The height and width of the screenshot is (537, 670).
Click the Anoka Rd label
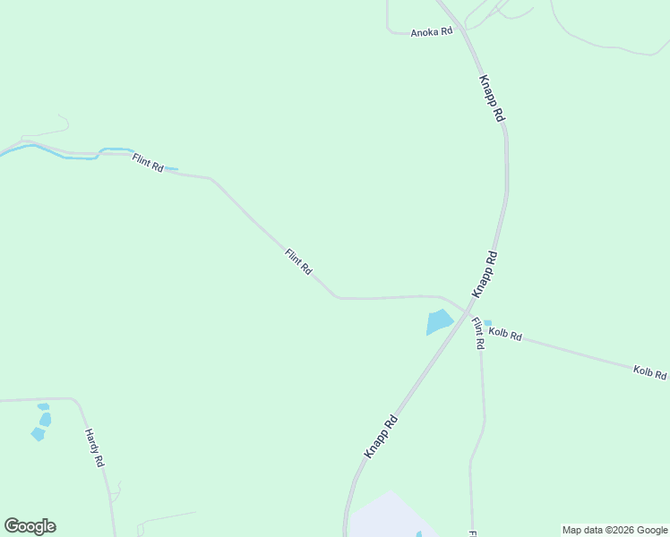coord(432,32)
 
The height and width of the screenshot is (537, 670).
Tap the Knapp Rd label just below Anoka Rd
coord(493,98)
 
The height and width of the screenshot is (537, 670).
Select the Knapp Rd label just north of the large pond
coord(485,275)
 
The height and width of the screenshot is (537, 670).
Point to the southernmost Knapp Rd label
coord(381,437)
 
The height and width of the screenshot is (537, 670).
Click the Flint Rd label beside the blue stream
coord(148,163)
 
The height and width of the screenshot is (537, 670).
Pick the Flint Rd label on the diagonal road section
coord(298,261)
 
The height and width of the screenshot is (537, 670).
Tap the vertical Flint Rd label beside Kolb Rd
coord(478,334)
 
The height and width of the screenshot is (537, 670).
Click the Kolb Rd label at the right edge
coord(650,372)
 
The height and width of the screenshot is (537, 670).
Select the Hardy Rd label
coord(95,448)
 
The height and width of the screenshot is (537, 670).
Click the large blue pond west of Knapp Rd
coord(439,321)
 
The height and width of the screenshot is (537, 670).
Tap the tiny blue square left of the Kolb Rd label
coord(487,323)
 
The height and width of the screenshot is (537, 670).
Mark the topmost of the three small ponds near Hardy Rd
coord(42,406)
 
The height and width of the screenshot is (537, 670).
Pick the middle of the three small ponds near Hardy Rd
coord(45,419)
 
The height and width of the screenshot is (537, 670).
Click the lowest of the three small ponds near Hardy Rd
coord(38,434)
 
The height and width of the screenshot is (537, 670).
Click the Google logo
coord(30,526)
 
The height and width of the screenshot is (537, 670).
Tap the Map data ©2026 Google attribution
coord(614,530)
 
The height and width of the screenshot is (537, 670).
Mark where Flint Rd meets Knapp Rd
coord(468,309)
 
